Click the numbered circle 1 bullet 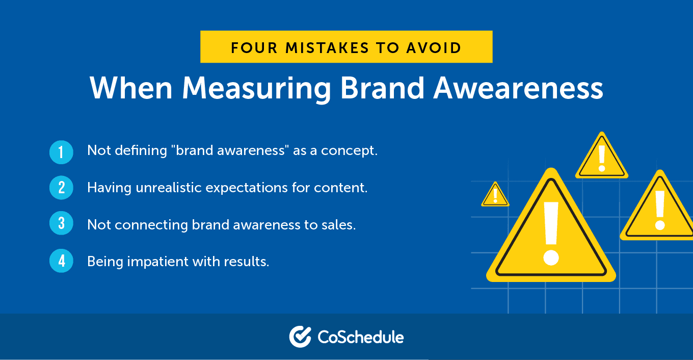pos(61,152)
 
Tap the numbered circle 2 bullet pos(61,188)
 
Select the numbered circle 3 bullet pos(61,224)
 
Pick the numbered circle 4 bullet pos(61,261)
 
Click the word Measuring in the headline pos(256,88)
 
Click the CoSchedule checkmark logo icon pos(300,337)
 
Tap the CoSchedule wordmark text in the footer pos(361,337)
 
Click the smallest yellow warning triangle pos(495,195)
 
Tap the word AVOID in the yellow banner pos(435,47)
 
